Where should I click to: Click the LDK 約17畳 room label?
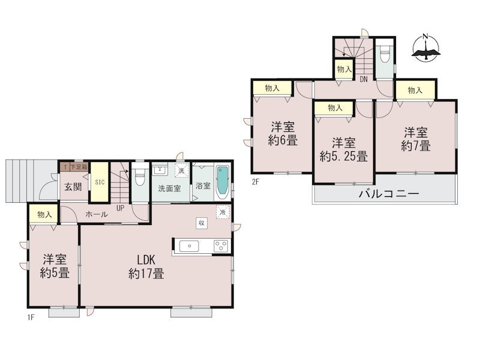[146, 266]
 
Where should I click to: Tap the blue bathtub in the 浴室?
[222, 182]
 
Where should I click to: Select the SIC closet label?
[100, 182]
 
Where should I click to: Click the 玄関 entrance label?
[73, 187]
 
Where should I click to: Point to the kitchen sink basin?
[189, 246]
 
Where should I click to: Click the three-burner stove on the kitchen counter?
[221, 246]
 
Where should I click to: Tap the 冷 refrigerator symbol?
[223, 212]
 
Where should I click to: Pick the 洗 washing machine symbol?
[182, 171]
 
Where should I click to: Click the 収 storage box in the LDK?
[202, 223]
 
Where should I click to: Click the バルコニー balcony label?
[389, 194]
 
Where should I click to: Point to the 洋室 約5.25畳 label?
[343, 149]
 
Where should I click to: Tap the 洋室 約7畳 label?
[416, 139]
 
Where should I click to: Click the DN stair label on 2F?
[364, 80]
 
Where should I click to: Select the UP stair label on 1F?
[121, 208]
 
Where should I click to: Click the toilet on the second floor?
[384, 55]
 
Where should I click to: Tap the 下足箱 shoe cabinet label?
[79, 167]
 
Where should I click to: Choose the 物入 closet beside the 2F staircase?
[344, 70]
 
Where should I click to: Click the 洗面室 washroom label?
[169, 188]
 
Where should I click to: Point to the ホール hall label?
[97, 214]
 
